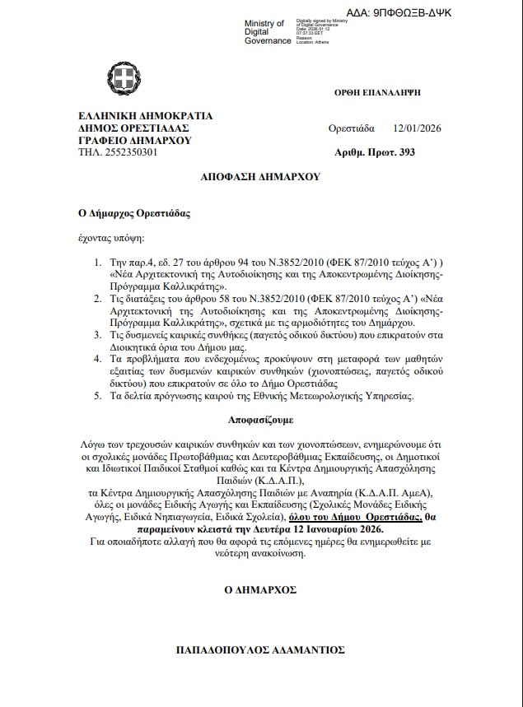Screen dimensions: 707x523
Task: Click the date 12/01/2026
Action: point(419,128)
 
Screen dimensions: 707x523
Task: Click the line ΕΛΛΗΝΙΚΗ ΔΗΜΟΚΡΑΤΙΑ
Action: point(145,116)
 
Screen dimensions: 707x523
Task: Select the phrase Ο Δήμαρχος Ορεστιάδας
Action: point(134,213)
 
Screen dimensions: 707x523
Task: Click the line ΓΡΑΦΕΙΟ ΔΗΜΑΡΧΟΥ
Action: point(135,141)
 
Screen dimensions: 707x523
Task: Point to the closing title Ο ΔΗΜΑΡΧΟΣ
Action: point(259,590)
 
